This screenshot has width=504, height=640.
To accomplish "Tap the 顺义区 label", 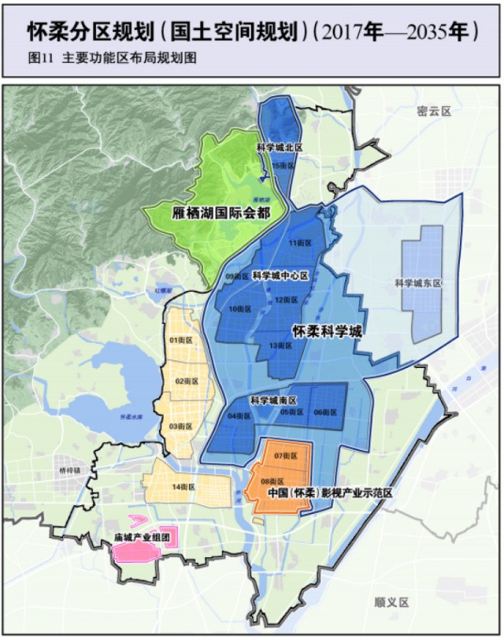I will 391,602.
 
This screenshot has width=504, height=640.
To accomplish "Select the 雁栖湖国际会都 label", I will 221,213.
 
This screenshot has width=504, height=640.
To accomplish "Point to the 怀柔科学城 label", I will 327,332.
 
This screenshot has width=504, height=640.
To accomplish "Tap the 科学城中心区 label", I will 280,275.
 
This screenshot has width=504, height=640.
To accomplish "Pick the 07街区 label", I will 285,456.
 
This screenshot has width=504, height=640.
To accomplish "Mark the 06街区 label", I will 324,412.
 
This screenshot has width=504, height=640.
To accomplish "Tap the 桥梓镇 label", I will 70,471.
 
